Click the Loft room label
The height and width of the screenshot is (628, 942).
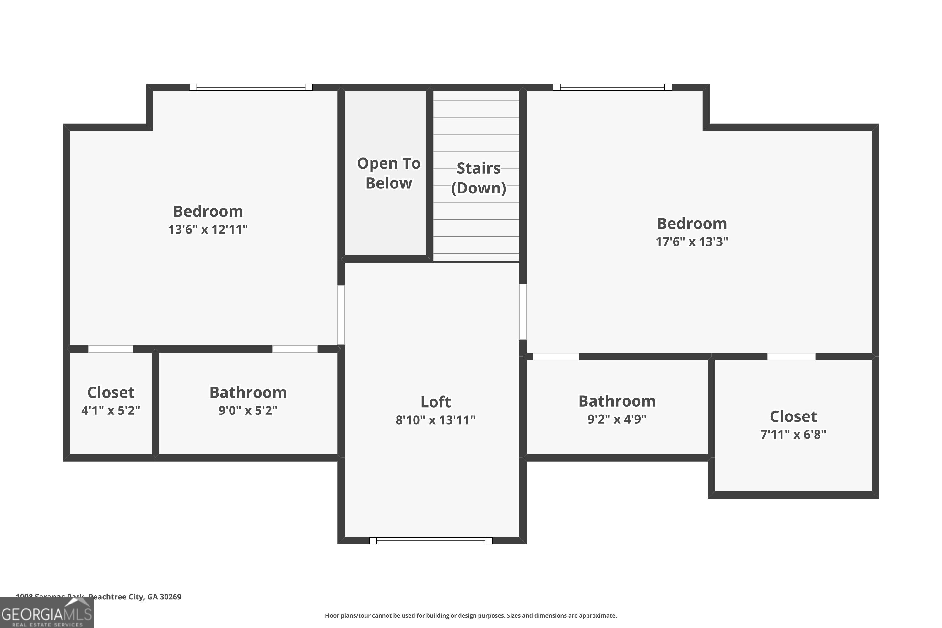pos(435,402)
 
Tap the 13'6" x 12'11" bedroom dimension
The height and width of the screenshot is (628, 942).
pos(208,230)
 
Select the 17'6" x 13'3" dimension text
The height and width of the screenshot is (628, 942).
pos(692,241)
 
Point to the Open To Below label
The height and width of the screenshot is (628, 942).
pos(388,173)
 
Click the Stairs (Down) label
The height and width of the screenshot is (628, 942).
pos(478,178)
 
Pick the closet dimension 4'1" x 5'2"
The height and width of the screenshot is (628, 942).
pos(111,410)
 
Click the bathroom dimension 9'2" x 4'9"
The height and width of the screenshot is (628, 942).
pos(617,419)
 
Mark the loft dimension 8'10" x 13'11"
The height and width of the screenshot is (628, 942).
pos(435,420)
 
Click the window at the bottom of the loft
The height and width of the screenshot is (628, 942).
pos(430,541)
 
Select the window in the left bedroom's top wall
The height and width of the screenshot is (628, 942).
pos(251,87)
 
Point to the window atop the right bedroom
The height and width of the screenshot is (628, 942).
pos(612,87)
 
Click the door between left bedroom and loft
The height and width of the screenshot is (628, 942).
pos(341,315)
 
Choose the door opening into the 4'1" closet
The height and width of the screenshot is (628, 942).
pos(111,349)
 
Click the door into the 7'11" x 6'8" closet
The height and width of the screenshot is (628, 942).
pos(791,356)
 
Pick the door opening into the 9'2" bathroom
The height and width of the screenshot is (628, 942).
pos(556,356)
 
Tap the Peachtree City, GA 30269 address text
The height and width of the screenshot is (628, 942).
pos(135,597)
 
